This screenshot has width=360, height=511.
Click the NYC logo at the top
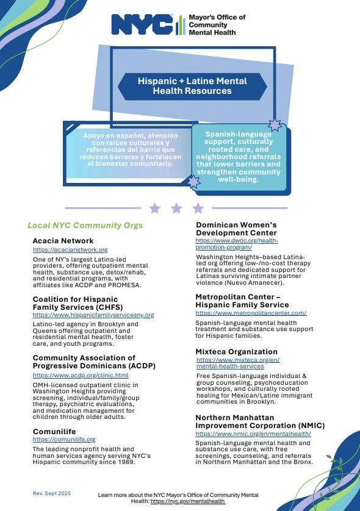click(x=142, y=25)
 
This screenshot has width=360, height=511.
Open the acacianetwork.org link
click(x=70, y=249)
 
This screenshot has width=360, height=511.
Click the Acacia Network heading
click(x=63, y=241)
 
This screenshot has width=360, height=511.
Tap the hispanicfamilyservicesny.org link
click(x=93, y=315)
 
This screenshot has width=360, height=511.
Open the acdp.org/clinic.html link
click(x=80, y=375)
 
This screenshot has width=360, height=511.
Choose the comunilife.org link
click(x=63, y=439)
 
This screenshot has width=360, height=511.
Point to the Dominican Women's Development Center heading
click(x=236, y=229)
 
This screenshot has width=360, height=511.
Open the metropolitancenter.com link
click(x=250, y=313)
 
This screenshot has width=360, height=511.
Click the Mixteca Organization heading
click(x=236, y=352)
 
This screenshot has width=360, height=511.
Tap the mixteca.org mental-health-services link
click(x=239, y=363)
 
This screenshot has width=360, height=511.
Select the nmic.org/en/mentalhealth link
click(x=253, y=433)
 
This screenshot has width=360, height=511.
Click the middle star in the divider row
click(x=176, y=209)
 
